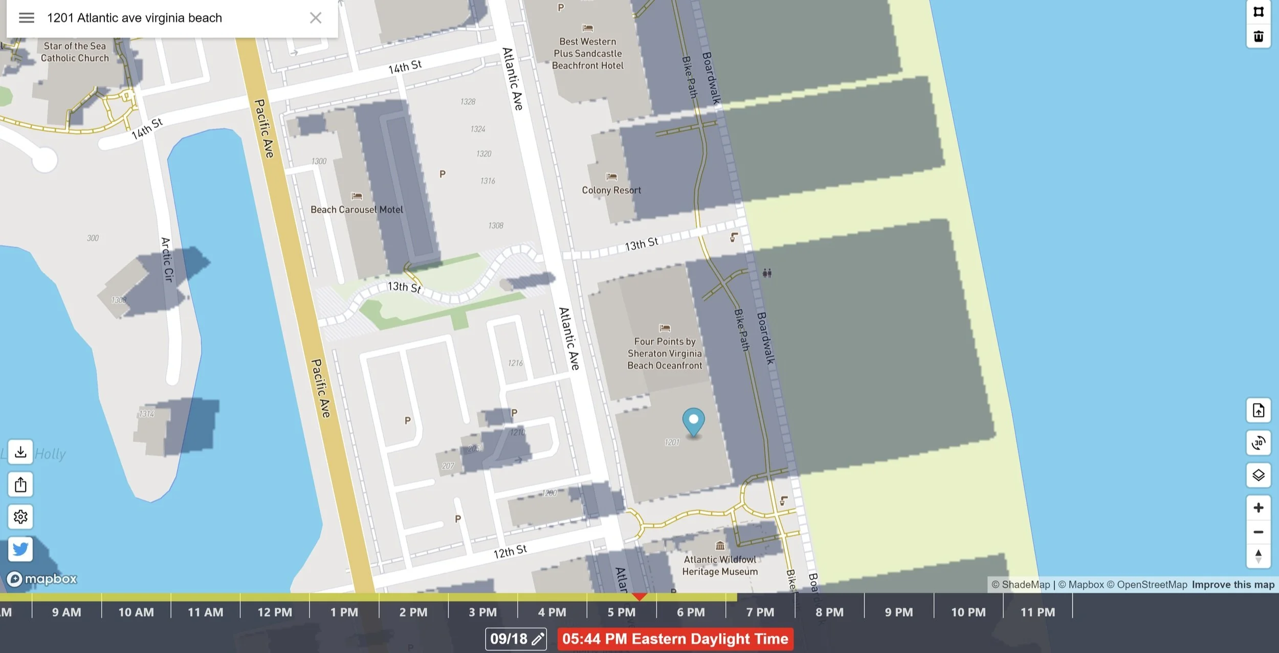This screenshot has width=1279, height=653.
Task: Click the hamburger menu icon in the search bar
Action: (x=27, y=18)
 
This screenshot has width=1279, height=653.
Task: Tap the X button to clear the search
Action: (x=316, y=18)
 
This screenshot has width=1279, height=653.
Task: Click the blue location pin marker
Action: (x=693, y=421)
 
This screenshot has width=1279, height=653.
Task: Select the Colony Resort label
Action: (x=611, y=190)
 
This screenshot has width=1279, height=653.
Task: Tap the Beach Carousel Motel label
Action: (x=357, y=210)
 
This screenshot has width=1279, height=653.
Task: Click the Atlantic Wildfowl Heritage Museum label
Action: (x=720, y=566)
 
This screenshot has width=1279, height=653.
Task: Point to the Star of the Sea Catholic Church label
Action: (x=75, y=52)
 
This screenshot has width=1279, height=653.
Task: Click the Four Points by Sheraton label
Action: (x=665, y=353)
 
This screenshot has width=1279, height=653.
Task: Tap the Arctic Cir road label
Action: (x=167, y=259)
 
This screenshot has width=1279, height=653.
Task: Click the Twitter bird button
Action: (x=20, y=549)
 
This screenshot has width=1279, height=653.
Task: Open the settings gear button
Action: (x=20, y=516)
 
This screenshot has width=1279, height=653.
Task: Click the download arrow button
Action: (x=20, y=452)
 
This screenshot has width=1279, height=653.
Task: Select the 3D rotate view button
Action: (x=1258, y=443)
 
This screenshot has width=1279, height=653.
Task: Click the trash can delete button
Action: (x=1259, y=37)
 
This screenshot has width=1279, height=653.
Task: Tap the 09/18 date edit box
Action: (x=516, y=639)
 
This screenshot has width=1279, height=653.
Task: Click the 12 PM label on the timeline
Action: (x=275, y=612)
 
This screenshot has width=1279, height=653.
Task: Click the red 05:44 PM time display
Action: (x=675, y=639)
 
